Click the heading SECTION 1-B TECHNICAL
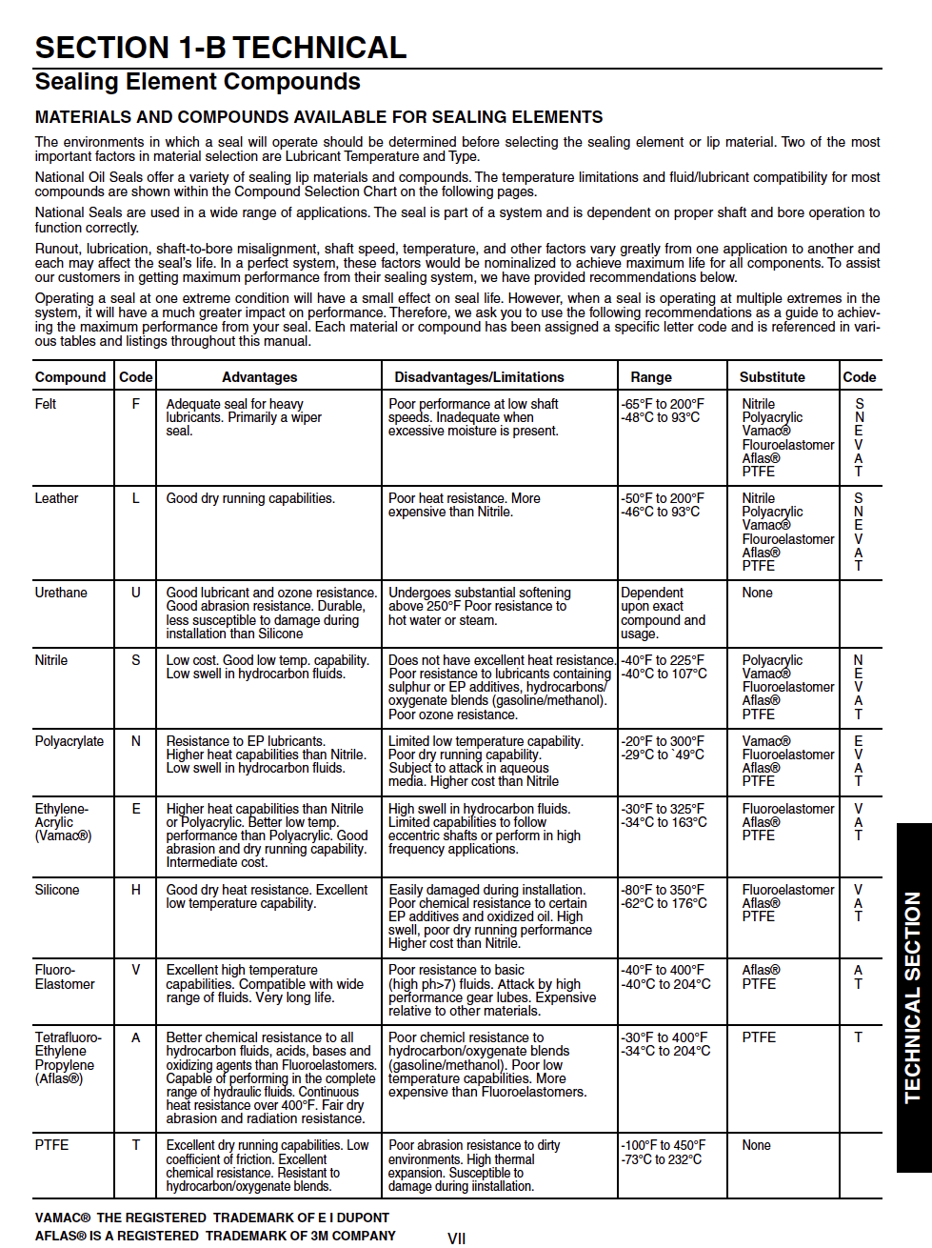pyautogui.click(x=221, y=48)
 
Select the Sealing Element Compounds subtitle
pyautogui.click(x=197, y=82)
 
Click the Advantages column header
pyautogui.click(x=259, y=377)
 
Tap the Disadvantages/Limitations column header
pyautogui.click(x=479, y=377)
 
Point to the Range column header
pyautogui.click(x=650, y=377)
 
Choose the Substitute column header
pyautogui.click(x=772, y=377)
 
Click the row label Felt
pyautogui.click(x=46, y=404)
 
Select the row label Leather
pyautogui.click(x=56, y=498)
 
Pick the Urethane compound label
pyautogui.click(x=61, y=593)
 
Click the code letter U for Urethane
pyautogui.click(x=135, y=593)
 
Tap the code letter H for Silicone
pyautogui.click(x=135, y=890)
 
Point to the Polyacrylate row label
pyautogui.click(x=69, y=741)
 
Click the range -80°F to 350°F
pyautogui.click(x=663, y=890)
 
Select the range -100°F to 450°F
pyautogui.click(x=664, y=1145)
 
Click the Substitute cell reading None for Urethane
pyautogui.click(x=757, y=593)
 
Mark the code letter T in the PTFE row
pyautogui.click(x=135, y=1145)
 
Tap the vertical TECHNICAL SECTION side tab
pyautogui.click(x=913, y=997)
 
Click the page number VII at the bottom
pyautogui.click(x=456, y=1238)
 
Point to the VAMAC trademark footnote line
pyautogui.click(x=212, y=1218)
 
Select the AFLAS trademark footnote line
pyautogui.click(x=215, y=1236)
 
